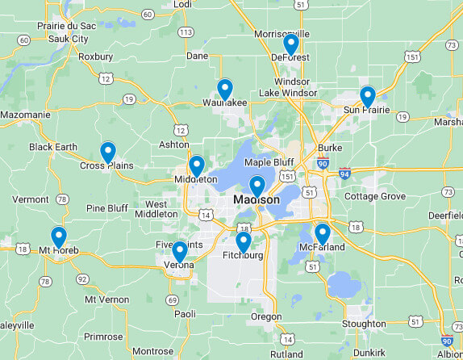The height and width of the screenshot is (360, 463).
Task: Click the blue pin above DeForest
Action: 291,44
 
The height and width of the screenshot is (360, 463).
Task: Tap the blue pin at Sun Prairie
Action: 368,96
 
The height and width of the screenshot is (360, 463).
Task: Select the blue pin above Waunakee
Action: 225,89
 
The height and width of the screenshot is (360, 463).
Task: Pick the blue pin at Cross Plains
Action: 108,151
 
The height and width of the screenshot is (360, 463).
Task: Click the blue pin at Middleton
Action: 196,165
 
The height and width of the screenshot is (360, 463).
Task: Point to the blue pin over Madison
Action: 257,186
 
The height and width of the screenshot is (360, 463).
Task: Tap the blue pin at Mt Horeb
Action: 59,237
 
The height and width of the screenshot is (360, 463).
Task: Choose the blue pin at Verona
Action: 180,251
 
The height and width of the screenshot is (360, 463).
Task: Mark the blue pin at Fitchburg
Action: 243,241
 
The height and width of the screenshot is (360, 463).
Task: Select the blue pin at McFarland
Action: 323,233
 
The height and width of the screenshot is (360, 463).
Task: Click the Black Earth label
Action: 53,147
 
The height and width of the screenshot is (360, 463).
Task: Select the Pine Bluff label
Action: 107,208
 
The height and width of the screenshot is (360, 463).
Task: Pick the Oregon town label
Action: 266,316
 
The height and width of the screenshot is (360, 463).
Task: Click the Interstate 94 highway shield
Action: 345,173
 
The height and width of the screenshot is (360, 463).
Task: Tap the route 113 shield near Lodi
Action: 186,32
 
